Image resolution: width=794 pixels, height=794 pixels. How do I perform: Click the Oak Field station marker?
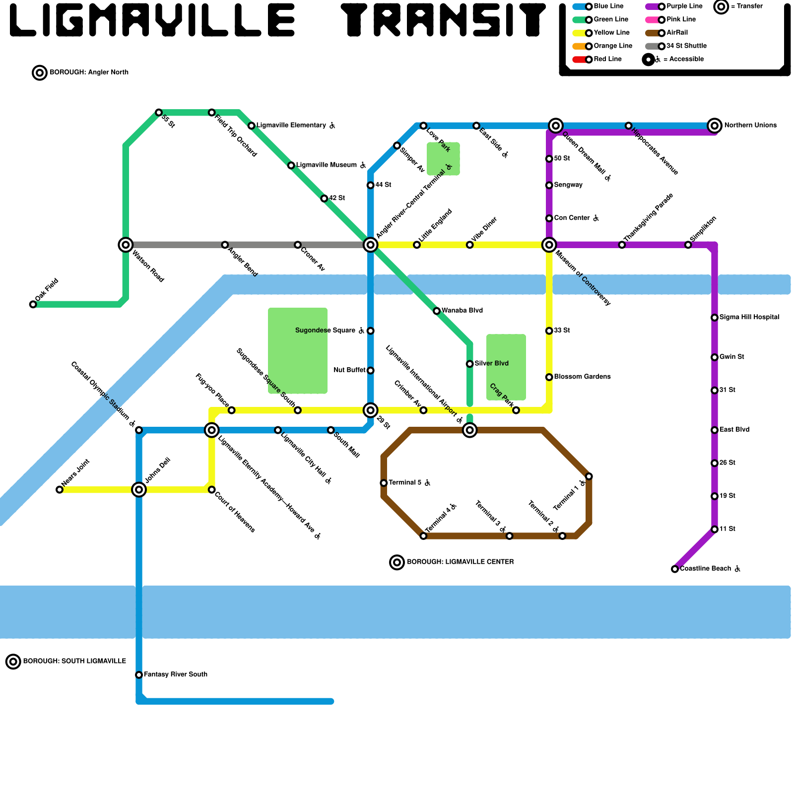click(x=33, y=304)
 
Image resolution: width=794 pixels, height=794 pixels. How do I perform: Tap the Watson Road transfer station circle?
click(x=126, y=245)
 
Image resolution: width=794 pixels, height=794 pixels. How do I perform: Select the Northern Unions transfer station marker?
click(x=714, y=126)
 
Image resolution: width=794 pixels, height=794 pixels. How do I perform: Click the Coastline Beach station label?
click(x=705, y=569)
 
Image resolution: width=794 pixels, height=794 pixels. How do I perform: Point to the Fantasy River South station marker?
click(x=139, y=675)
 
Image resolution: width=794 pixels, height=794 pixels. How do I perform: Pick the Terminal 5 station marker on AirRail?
click(x=384, y=483)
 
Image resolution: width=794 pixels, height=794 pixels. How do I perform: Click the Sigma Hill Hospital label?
click(x=749, y=317)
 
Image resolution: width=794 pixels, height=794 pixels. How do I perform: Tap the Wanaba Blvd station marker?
click(x=437, y=311)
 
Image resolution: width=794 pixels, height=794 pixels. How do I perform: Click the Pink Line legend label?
click(x=681, y=19)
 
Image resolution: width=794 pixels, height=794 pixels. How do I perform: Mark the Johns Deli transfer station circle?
click(x=139, y=490)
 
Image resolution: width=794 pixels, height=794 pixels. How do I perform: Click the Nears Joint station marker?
click(x=60, y=490)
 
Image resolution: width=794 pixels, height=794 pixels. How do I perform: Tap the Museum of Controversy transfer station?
click(x=549, y=245)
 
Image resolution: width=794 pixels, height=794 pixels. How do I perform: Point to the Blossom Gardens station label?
click(x=582, y=377)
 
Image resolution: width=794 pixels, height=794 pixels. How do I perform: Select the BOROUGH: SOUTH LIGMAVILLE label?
click(x=74, y=661)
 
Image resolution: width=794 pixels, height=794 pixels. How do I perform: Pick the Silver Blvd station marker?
click(x=469, y=364)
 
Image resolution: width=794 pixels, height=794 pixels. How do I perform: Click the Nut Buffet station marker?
click(x=370, y=370)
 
